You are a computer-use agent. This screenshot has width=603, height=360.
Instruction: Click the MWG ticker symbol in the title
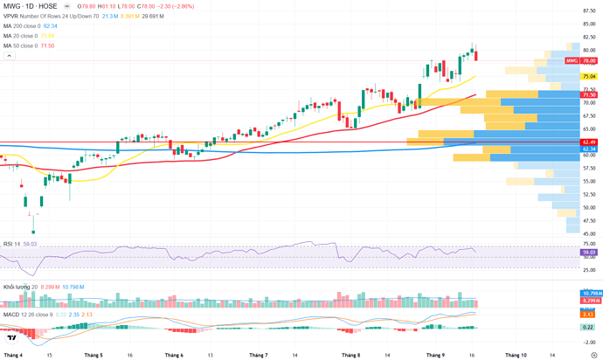[x=12, y=5]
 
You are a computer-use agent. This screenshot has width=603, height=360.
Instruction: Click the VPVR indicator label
[x=11, y=16]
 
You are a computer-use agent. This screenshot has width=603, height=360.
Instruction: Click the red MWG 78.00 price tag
[x=581, y=60]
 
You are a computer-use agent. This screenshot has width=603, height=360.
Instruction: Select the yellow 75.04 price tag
[x=589, y=77]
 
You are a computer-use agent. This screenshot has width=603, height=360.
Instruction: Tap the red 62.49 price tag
[x=589, y=142]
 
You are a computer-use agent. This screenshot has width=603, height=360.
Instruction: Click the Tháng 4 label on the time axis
[x=13, y=356]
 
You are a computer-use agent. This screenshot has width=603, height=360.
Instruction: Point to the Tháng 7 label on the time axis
[x=258, y=356]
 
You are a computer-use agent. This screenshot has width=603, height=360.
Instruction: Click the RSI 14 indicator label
[x=10, y=244]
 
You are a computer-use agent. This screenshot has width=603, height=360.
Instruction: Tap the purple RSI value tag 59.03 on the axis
[x=589, y=253]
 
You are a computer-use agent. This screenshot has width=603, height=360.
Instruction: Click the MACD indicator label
[x=11, y=314]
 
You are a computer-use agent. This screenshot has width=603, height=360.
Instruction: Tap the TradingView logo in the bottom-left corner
[x=12, y=337]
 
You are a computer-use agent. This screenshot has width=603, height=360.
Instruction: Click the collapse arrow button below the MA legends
[x=9, y=56]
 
